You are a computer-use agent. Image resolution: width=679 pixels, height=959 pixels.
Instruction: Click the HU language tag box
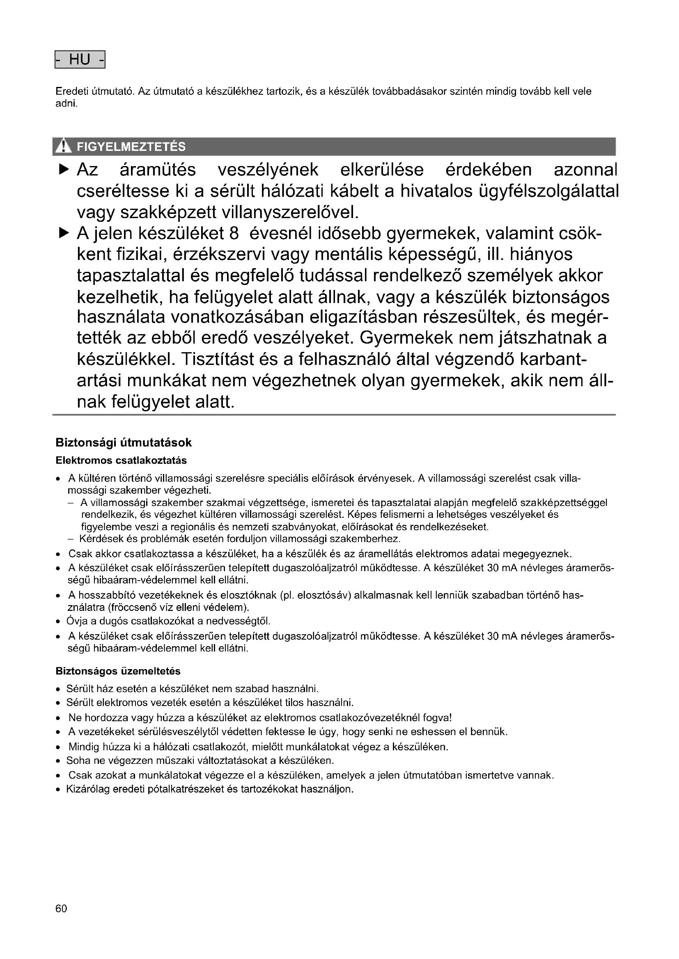(80, 60)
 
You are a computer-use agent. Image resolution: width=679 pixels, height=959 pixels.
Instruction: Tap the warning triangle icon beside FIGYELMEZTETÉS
(64, 147)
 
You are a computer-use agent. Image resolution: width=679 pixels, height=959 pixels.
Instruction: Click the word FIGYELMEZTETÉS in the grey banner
(131, 147)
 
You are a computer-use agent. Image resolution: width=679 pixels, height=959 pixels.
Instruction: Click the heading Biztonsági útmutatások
(124, 442)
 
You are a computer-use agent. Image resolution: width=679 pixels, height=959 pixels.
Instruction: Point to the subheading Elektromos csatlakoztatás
(121, 460)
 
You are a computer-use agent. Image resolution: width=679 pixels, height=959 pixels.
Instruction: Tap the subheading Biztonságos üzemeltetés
(118, 671)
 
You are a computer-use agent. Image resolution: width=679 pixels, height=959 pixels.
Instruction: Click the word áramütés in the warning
(158, 170)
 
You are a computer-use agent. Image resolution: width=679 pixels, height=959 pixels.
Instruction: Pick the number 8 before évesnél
(234, 233)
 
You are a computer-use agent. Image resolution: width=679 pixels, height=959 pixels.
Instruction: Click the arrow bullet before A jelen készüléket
(64, 232)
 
